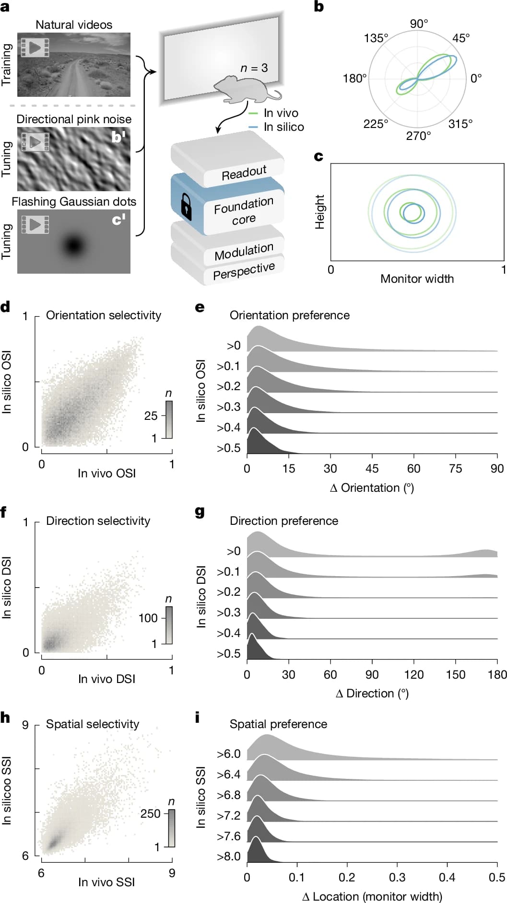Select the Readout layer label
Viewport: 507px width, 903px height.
(244, 172)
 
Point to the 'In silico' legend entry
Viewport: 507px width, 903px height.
(283, 127)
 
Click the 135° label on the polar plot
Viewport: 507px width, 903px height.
(376, 38)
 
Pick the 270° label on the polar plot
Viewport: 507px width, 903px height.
(418, 136)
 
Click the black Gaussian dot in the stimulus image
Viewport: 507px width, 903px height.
(73, 246)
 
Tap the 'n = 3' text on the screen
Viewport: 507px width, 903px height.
(254, 68)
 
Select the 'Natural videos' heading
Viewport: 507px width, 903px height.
(74, 25)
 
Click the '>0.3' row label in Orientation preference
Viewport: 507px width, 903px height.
(228, 407)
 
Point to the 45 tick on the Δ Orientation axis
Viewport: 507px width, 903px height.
(372, 468)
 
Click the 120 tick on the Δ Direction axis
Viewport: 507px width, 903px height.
(413, 674)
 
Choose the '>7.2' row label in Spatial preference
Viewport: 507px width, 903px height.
(228, 816)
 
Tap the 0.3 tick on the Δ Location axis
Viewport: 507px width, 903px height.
(397, 877)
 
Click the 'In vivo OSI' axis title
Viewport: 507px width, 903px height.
(106, 473)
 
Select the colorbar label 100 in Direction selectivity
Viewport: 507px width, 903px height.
(148, 618)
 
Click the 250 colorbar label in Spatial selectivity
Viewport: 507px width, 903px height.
(150, 813)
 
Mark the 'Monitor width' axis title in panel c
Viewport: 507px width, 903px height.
(417, 278)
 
